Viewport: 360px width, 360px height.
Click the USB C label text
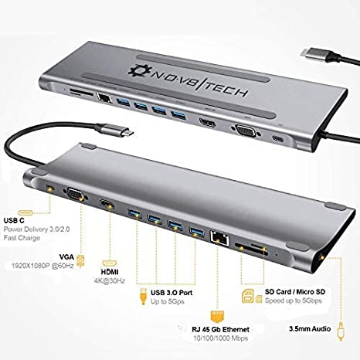14,220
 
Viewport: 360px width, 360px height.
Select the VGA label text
66,256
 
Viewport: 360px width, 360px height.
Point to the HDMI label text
110,272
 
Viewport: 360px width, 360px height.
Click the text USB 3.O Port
172,293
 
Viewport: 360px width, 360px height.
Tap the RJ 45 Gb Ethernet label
221,329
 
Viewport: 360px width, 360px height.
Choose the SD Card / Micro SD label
295,292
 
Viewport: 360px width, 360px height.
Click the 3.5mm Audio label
310,328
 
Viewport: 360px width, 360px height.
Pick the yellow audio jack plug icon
341,331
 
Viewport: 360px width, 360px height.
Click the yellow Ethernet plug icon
217,317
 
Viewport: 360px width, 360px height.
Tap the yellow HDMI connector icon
110,263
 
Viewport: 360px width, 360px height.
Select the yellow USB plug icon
143,297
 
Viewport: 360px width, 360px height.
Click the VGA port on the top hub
246,131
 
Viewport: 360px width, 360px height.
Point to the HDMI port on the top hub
207,122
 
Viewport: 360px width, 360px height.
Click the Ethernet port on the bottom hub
219,237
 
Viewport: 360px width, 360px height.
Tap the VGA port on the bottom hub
75,195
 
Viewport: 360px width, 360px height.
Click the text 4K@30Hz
110,280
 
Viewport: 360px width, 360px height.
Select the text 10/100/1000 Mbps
221,338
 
